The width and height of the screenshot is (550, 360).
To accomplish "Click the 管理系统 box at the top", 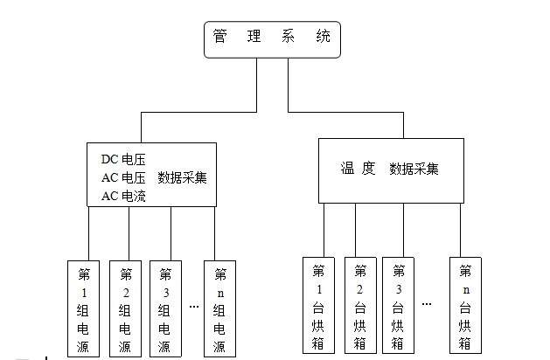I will coord(271,40).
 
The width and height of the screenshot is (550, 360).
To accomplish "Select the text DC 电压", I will coord(123,159).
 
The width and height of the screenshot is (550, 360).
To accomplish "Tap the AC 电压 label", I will coord(123,178).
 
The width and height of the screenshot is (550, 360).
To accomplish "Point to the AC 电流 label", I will coord(123,197).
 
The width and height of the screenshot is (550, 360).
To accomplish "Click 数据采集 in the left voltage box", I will coord(182,178).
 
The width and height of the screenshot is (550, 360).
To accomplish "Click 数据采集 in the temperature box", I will coord(414,168).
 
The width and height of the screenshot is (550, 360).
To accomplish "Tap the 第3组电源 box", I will coord(166,308).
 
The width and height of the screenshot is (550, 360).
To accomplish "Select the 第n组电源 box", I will coord(219,308).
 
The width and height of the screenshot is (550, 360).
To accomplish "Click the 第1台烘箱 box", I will coord(318,304).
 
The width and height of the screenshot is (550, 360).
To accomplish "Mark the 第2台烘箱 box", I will coord(359,304).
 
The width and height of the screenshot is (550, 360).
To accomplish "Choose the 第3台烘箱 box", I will coord(398,304).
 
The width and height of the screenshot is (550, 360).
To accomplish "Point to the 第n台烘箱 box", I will coord(464,304).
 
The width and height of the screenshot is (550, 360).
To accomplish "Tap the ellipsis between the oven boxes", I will coord(427,304).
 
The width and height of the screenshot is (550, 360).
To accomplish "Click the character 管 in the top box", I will coord(220,37).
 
